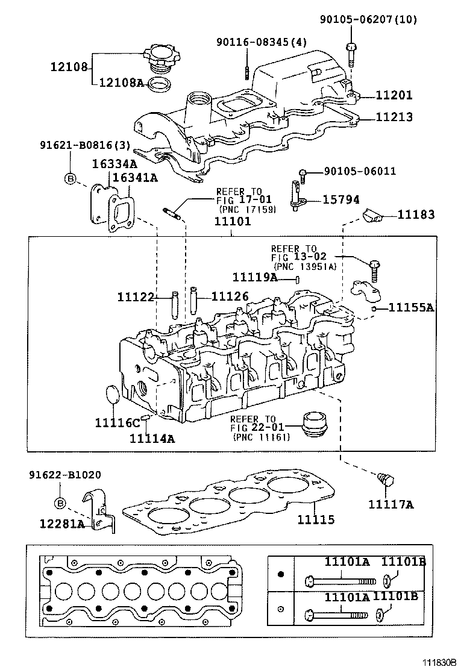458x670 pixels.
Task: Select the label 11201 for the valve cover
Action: point(394,95)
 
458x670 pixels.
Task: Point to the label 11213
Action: point(394,117)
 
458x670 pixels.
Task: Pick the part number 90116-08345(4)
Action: point(262,42)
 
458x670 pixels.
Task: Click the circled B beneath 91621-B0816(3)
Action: point(70,178)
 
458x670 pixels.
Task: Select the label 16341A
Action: point(136,177)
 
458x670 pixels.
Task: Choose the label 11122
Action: point(136,296)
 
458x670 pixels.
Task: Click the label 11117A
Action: point(391,504)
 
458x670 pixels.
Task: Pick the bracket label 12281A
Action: point(63,524)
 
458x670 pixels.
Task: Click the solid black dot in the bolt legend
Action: point(280,574)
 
